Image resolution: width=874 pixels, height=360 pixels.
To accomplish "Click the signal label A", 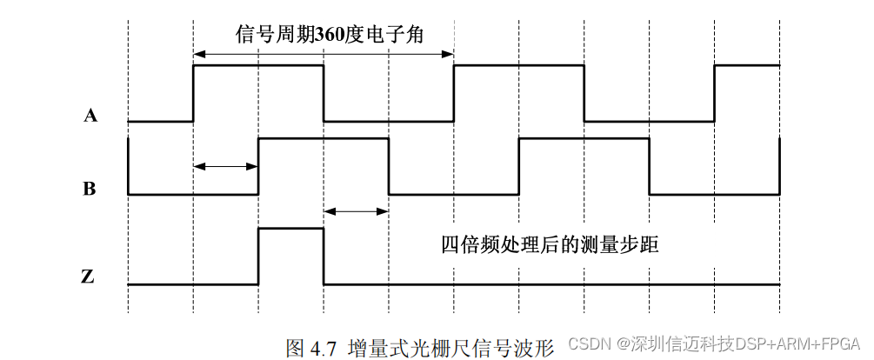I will click(x=90, y=114).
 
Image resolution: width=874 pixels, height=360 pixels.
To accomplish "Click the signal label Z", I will click(x=88, y=277).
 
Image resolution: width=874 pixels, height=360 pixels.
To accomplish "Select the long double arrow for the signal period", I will click(x=323, y=54).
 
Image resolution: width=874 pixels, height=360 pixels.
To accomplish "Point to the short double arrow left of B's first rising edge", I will click(x=225, y=166).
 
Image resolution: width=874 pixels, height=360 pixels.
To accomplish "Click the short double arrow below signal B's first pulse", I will click(x=356, y=210).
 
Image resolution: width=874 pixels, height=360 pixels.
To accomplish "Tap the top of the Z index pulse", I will click(x=290, y=228).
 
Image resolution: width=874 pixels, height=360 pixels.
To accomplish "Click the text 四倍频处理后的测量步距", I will click(x=550, y=244).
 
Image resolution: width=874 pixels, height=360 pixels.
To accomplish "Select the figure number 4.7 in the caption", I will click(x=323, y=349).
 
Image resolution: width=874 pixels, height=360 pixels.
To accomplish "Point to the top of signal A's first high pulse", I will click(x=257, y=65).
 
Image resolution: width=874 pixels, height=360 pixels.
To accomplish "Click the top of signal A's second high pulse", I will click(x=518, y=65).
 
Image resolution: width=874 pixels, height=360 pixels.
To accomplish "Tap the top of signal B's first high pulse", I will click(x=323, y=138).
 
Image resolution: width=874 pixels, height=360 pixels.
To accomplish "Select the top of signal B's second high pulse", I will click(x=584, y=138).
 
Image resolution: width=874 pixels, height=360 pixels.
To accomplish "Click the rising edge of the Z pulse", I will click(x=258, y=257).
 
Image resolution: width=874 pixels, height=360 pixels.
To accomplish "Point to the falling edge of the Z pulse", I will click(x=324, y=257).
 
